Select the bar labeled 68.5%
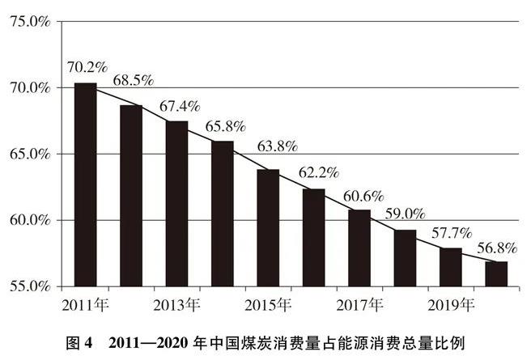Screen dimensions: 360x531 click(x=131, y=195)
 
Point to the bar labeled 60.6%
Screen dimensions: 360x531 click(x=359, y=248)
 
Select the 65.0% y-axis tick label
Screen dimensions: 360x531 click(x=29, y=154)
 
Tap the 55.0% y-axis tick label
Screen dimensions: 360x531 click(x=29, y=286)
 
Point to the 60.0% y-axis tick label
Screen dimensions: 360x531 click(x=29, y=220)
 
